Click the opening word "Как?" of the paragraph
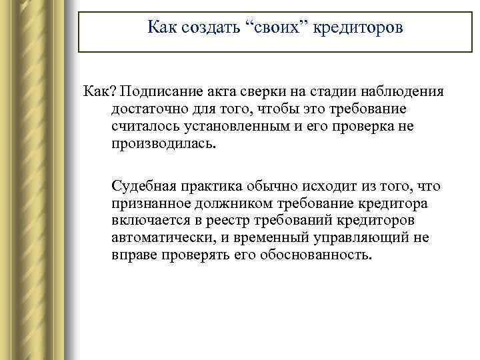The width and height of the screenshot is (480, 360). [x=100, y=91]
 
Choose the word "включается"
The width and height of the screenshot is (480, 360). [x=147, y=221]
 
